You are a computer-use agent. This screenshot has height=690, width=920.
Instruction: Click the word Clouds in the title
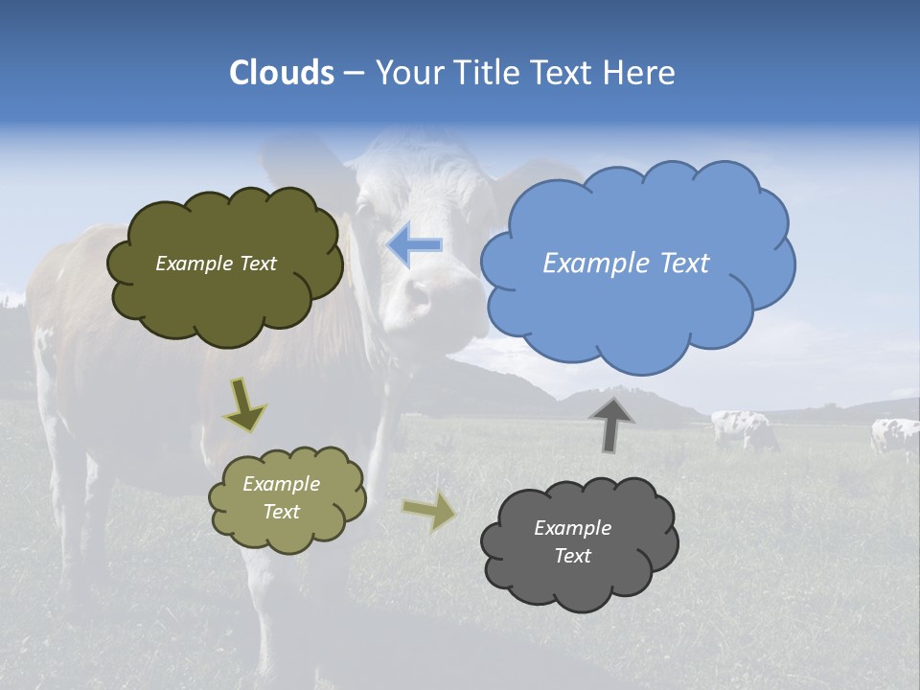coord(282,73)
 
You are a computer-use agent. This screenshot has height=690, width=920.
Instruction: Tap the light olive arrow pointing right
coord(429,512)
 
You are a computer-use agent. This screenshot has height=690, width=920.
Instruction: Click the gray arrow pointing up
coord(611,423)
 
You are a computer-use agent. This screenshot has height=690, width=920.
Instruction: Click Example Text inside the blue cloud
coord(626,264)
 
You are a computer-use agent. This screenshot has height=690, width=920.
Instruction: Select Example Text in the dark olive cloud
coord(216,264)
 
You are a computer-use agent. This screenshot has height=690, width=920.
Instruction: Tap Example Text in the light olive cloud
coord(282,497)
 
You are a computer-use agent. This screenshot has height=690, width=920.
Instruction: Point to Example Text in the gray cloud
coord(572,541)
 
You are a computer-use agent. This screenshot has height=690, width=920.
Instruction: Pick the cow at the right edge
coord(894,436)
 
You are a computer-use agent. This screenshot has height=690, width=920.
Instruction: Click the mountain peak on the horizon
coord(621,390)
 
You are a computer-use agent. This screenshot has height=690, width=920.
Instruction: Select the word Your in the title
coord(408,73)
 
